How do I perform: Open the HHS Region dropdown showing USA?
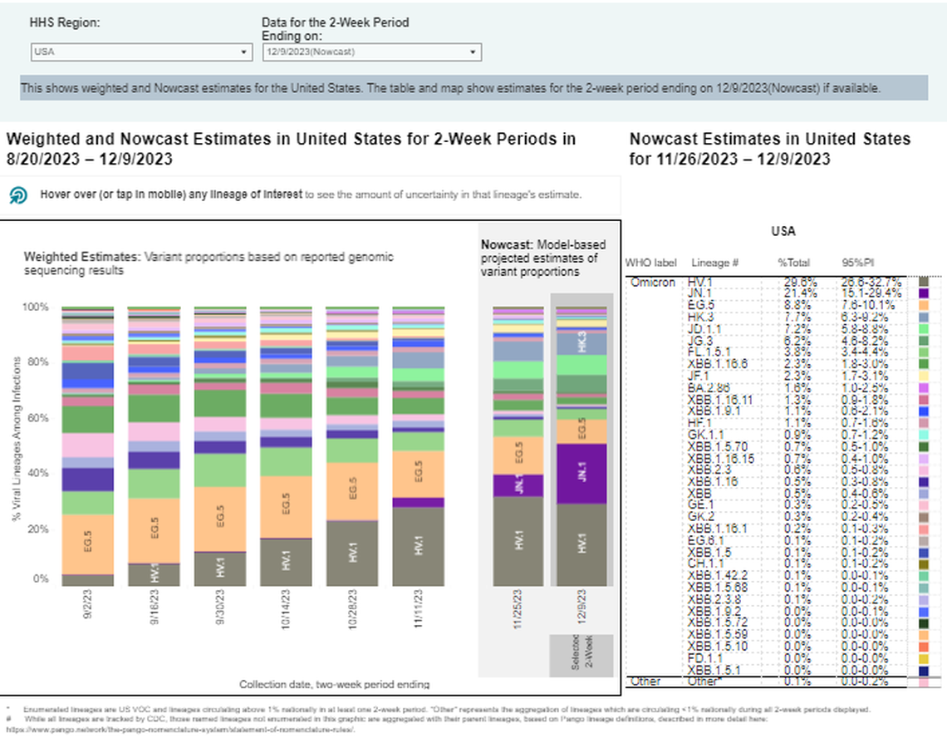pos(140,52)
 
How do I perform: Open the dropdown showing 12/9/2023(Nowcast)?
pos(370,52)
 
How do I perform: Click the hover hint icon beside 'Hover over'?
pos(18,195)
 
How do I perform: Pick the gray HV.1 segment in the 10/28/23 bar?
pos(352,554)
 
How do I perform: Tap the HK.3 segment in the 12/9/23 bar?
pos(581,343)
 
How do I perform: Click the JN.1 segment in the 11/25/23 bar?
pos(518,485)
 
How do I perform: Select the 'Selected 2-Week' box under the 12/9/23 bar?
pos(581,656)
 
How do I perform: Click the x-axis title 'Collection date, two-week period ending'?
pos(335,685)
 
